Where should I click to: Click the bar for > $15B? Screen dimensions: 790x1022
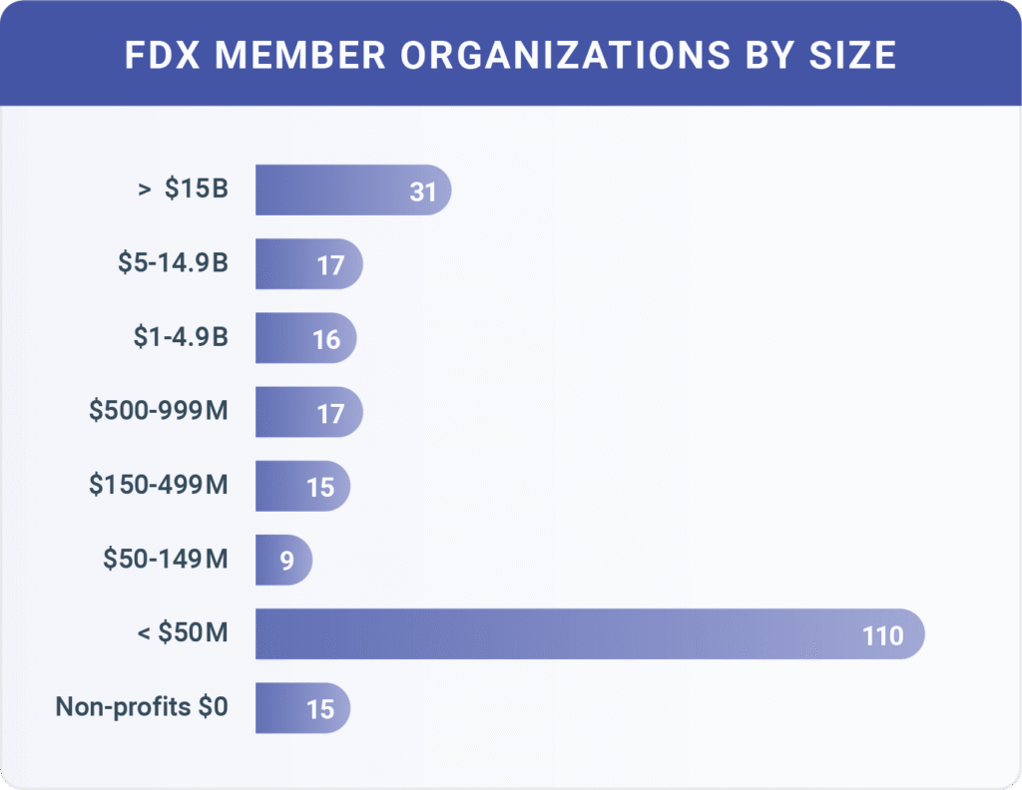click(339, 190)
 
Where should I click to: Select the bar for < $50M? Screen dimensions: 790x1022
click(559, 633)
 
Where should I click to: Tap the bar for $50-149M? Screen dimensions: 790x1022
click(271, 560)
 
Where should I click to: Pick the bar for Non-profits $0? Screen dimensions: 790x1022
click(289, 707)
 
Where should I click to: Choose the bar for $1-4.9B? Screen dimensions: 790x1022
click(289, 338)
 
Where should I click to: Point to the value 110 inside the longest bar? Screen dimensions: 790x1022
click(882, 635)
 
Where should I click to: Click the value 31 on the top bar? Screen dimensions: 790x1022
click(423, 192)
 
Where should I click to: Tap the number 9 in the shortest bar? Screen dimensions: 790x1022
click(286, 562)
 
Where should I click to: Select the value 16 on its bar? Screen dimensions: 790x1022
click(326, 340)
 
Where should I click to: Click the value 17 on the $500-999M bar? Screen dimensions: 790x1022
click(329, 414)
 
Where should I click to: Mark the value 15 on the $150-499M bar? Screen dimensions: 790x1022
click(320, 488)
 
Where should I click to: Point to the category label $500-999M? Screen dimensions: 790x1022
click(157, 411)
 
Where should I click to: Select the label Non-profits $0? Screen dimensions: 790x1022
click(142, 707)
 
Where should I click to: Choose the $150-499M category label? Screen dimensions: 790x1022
click(158, 486)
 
